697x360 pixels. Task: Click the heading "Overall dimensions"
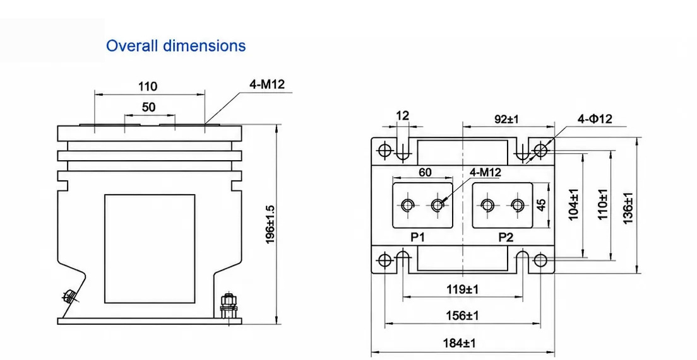coord(176,46)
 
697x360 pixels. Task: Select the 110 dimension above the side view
coord(148,86)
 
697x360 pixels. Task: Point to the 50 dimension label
coord(149,107)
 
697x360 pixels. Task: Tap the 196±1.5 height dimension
coord(270,224)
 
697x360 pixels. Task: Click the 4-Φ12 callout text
coord(595,119)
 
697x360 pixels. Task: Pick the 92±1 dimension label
coord(507,119)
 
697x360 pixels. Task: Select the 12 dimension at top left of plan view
coord(402,116)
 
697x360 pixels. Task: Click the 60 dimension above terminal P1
coord(425,172)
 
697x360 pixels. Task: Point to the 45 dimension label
coord(542,205)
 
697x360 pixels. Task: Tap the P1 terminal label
coord(417,238)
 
